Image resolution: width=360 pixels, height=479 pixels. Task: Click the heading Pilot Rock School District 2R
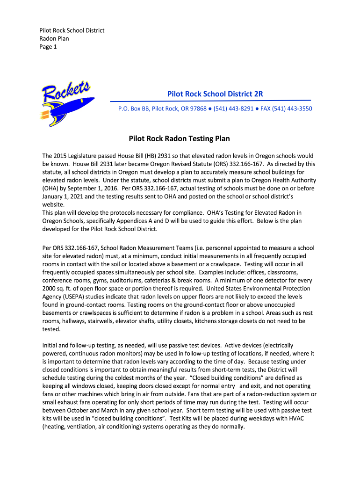[x=215, y=94]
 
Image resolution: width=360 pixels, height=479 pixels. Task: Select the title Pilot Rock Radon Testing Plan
[x=180, y=139]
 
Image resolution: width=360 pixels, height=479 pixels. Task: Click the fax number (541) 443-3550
[x=292, y=109]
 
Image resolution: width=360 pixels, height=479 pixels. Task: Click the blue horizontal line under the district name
[x=210, y=101]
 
